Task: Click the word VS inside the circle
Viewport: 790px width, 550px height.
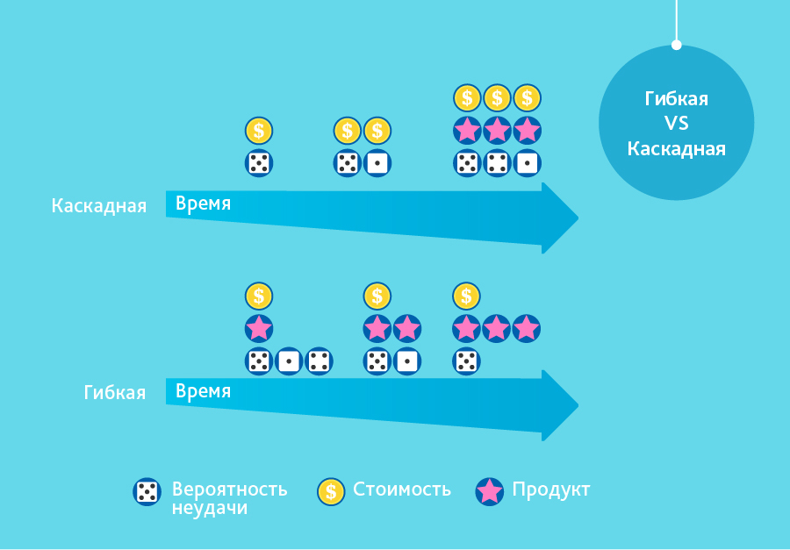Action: pyautogui.click(x=676, y=124)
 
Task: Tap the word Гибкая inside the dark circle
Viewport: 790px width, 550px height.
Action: pyautogui.click(x=676, y=99)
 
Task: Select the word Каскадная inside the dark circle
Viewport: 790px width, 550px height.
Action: pyautogui.click(x=676, y=149)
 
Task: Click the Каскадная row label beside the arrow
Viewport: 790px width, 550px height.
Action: pyautogui.click(x=98, y=206)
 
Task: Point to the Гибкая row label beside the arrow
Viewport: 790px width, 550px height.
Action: pyautogui.click(x=115, y=393)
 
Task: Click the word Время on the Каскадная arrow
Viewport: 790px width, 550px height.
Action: pyautogui.click(x=203, y=204)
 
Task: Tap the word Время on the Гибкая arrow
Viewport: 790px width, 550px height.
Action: pyautogui.click(x=203, y=392)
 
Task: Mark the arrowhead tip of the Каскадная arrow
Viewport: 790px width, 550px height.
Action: pyautogui.click(x=578, y=218)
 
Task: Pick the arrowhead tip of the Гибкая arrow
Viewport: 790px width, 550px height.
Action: pyautogui.click(x=578, y=405)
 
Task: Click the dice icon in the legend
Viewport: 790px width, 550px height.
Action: pyautogui.click(x=147, y=492)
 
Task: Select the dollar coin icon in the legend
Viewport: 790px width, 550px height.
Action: pyautogui.click(x=331, y=492)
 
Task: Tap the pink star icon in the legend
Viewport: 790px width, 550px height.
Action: pyautogui.click(x=489, y=492)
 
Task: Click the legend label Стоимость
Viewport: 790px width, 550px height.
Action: pyautogui.click(x=402, y=489)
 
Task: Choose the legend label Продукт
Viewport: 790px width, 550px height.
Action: pyautogui.click(x=551, y=490)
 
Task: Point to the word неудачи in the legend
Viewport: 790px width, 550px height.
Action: pyautogui.click(x=210, y=508)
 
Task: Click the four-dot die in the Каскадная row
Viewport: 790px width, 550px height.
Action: pyautogui.click(x=498, y=163)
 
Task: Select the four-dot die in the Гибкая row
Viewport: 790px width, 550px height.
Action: pyautogui.click(x=319, y=361)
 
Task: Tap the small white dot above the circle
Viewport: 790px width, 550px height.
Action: pyautogui.click(x=677, y=46)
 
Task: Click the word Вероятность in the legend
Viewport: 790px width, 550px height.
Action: pyautogui.click(x=230, y=489)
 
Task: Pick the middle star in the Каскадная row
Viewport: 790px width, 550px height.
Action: pyautogui.click(x=498, y=131)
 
